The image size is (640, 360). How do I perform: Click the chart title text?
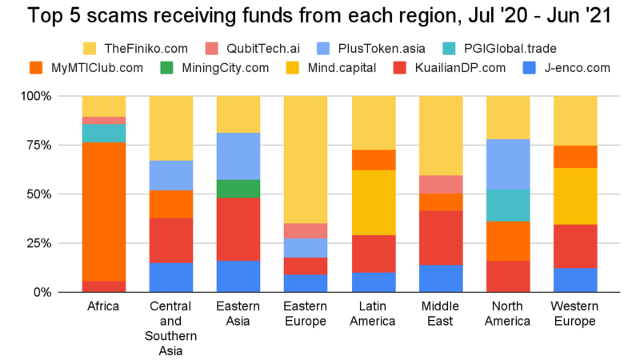320,17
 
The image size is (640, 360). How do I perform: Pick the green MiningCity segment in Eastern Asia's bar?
238,189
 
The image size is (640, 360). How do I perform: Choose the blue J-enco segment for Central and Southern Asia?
170,277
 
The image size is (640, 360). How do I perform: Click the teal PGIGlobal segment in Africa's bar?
104,133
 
